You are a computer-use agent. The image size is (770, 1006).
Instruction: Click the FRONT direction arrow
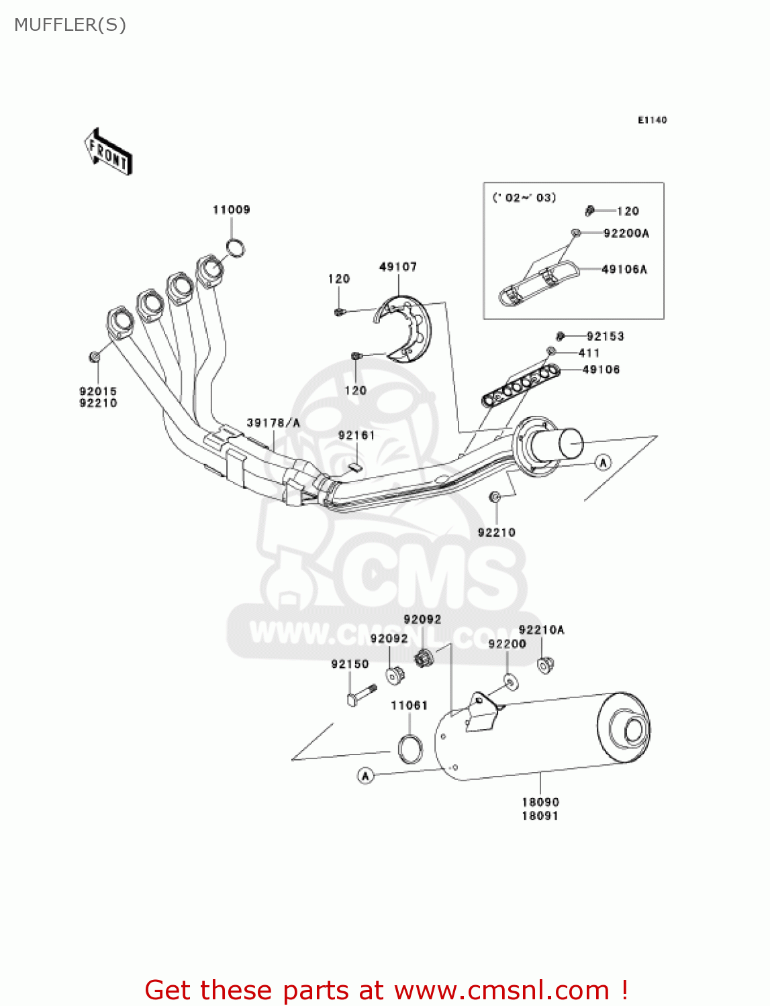107,152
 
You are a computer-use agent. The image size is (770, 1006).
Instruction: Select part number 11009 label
232,210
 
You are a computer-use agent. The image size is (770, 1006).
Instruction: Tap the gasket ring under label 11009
236,248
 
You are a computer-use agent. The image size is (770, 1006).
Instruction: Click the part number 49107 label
398,267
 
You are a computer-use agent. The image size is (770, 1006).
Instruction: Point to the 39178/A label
273,423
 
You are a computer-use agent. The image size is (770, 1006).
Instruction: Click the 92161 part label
356,435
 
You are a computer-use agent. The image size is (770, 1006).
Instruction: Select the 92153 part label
605,336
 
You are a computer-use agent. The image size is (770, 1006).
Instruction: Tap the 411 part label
589,353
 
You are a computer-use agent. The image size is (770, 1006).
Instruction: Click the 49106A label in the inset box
624,270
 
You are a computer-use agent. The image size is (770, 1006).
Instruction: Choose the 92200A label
626,233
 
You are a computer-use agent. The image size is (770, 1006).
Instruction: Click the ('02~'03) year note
524,198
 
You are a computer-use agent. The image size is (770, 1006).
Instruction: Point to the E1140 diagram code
652,120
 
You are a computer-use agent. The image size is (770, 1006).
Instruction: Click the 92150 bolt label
350,664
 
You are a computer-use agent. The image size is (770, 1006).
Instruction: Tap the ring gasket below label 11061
410,749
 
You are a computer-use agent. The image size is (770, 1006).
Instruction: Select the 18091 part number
540,816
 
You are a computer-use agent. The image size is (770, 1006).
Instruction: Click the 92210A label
542,630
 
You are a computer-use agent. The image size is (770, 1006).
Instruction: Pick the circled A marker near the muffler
365,776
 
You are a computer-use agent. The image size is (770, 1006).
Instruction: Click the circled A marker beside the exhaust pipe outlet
603,462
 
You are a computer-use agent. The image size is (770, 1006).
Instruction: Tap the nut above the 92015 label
95,356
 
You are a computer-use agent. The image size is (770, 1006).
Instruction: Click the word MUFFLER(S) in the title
70,25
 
